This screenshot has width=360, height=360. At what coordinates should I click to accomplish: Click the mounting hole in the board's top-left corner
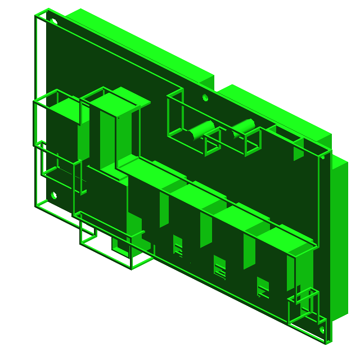click(x=54, y=21)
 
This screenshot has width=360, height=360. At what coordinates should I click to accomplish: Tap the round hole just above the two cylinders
click(x=205, y=98)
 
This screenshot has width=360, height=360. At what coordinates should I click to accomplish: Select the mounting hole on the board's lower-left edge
click(x=54, y=196)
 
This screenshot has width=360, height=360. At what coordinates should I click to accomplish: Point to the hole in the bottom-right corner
click(x=322, y=330)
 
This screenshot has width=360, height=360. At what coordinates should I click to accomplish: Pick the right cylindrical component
click(x=242, y=127)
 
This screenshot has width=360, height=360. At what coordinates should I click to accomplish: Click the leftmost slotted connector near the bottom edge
click(x=178, y=246)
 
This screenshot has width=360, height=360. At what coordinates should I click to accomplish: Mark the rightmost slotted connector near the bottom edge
click(x=263, y=287)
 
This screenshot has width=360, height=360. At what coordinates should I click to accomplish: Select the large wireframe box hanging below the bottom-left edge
click(x=112, y=245)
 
